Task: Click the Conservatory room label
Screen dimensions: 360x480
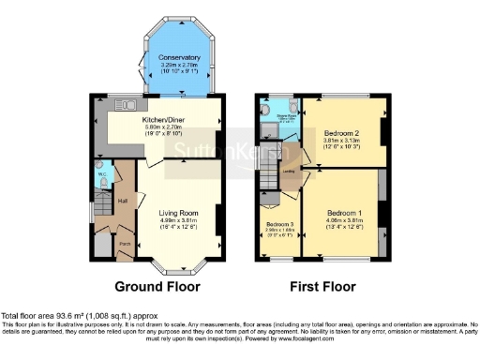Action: tap(178, 58)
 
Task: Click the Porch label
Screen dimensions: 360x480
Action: tap(124, 242)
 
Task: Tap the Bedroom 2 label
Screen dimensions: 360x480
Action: tap(342, 133)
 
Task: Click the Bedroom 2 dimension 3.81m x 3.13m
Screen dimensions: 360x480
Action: tap(342, 142)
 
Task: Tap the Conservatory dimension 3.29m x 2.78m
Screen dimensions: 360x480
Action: tap(178, 67)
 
